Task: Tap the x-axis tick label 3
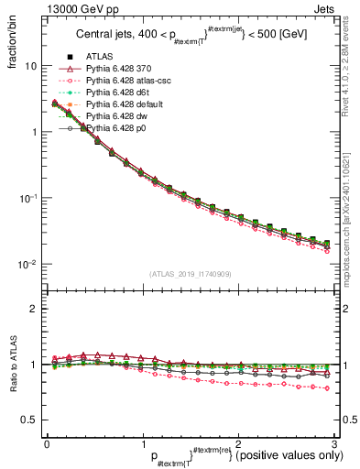(x=333, y=442)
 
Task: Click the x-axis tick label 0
(x=47, y=442)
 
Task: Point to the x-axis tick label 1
(x=142, y=442)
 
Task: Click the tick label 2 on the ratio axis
(x=34, y=309)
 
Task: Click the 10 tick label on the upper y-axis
(x=30, y=66)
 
